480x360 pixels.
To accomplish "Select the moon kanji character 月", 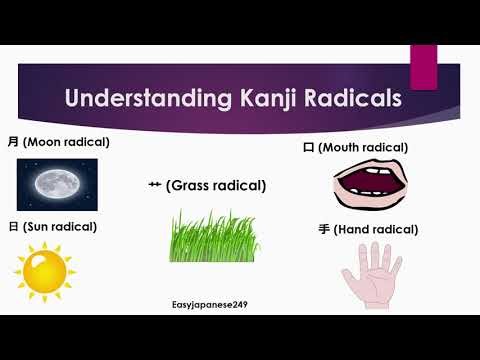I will pos(13,142).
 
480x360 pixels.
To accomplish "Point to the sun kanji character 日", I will pos(13,227).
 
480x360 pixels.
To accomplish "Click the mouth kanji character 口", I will pos(308,148).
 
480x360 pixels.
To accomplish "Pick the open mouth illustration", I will pos(367,185).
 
